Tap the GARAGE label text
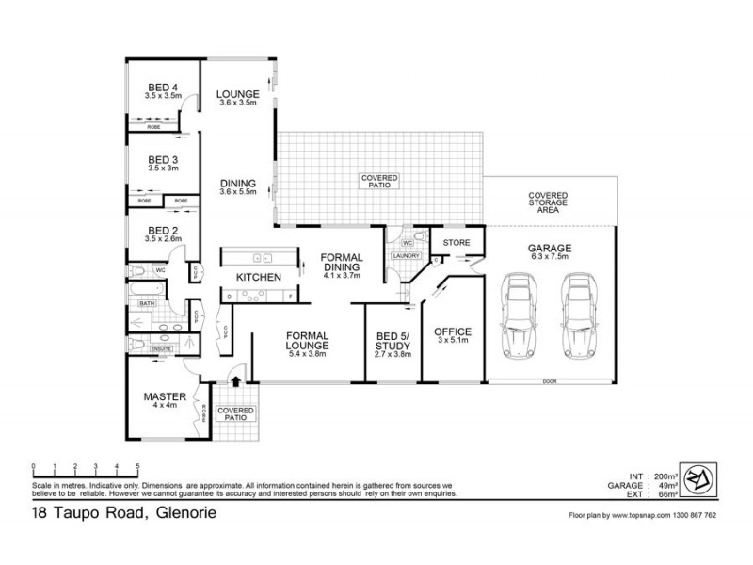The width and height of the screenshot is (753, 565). pos(550,249)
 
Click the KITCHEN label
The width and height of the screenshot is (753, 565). pos(259,278)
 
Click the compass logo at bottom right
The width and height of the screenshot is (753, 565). pos(697,477)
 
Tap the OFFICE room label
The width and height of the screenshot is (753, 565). pos(452,332)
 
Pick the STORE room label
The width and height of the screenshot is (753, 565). pos(457,243)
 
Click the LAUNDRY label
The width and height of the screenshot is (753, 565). pos(406,255)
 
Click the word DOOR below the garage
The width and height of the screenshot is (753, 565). pos(550,381)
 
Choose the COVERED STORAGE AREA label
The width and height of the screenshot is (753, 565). pos(549,202)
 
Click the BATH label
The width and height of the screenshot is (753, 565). pos(147,303)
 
